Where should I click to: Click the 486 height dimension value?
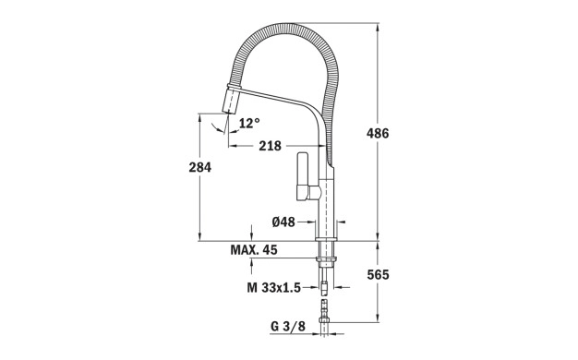378,133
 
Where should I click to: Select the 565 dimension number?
378,274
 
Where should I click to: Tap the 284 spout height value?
200,167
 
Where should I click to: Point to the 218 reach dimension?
270,146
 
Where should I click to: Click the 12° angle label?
249,123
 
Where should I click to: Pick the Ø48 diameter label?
283,222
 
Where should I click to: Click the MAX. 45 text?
254,250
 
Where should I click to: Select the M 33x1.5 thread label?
274,287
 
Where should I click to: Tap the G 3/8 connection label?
288,326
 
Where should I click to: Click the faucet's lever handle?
304,176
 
